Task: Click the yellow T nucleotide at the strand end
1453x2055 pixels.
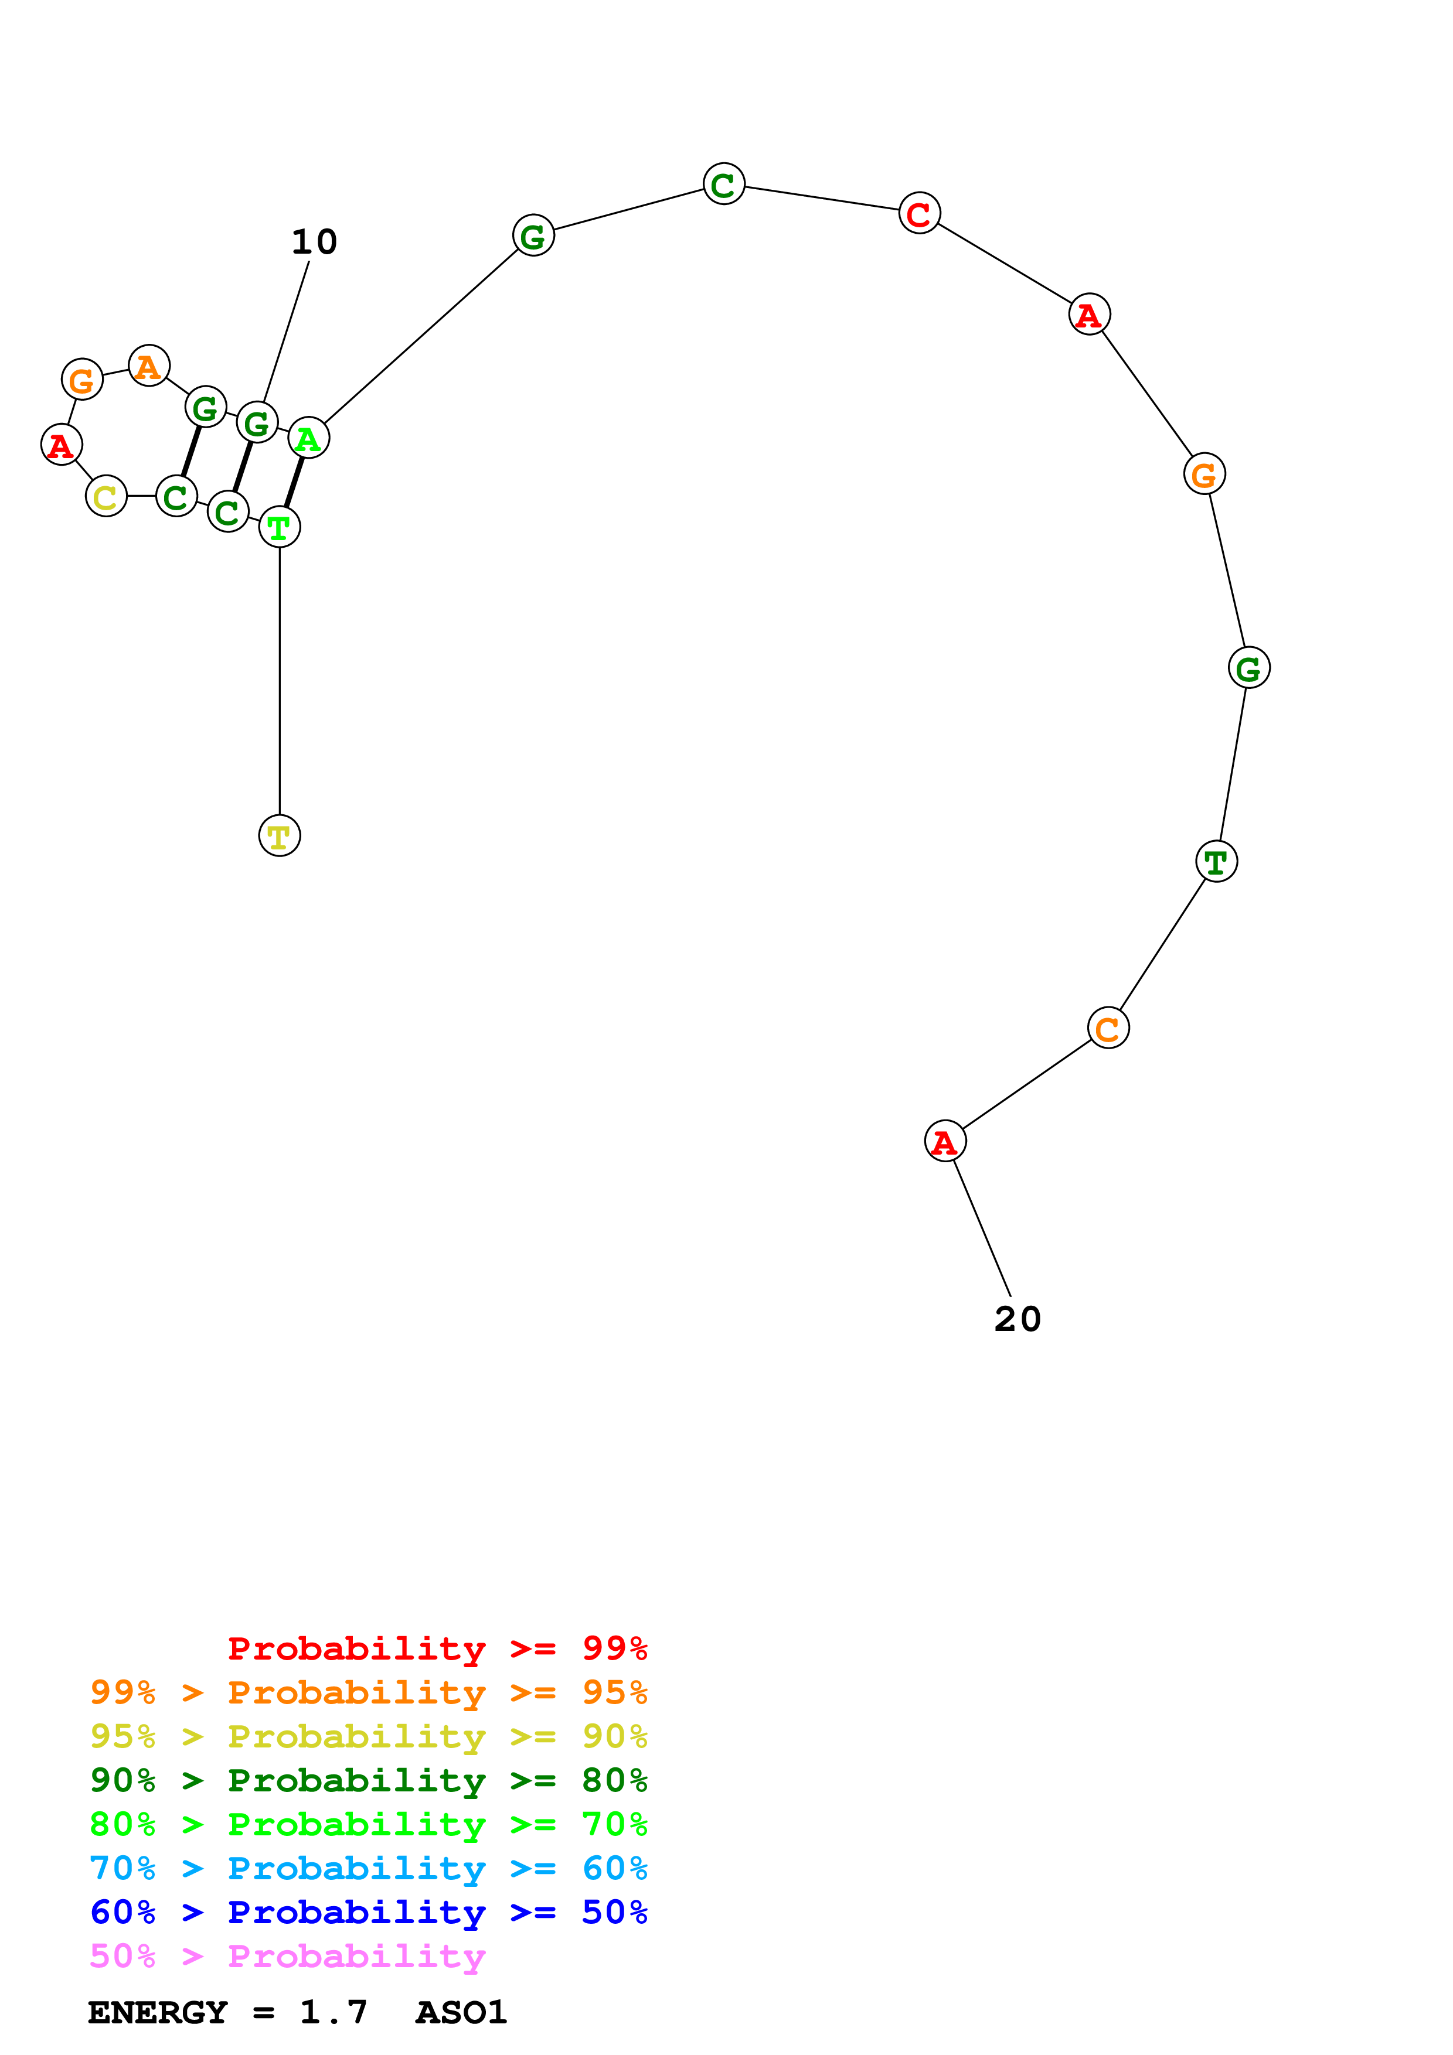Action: [280, 836]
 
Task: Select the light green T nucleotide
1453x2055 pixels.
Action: [280, 527]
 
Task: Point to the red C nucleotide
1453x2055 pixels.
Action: [920, 213]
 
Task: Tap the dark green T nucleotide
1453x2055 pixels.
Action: [1216, 861]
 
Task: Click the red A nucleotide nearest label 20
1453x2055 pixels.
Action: [944, 1141]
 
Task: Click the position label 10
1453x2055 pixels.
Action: [314, 242]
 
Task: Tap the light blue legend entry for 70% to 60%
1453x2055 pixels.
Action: [368, 1868]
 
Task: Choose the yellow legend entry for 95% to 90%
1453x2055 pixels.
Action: [368, 1736]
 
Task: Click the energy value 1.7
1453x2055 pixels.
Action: [333, 2012]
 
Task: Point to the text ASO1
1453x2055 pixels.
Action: [461, 2012]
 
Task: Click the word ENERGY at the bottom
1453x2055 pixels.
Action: [158, 2012]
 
